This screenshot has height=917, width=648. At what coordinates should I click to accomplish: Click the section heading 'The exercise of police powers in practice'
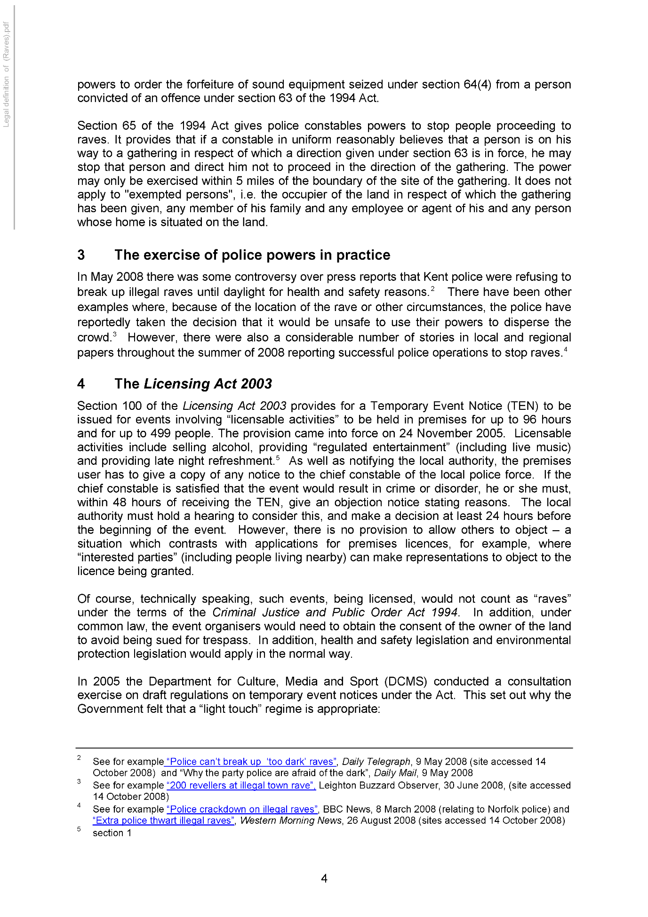pyautogui.click(x=252, y=255)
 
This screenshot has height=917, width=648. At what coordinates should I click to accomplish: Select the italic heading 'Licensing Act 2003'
pyautogui.click(x=208, y=384)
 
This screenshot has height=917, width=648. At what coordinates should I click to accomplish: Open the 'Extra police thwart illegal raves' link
pyautogui.click(x=163, y=821)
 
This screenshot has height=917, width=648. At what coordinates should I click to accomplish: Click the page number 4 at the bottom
pyautogui.click(x=324, y=878)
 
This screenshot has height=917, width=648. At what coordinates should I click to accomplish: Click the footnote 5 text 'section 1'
pyautogui.click(x=112, y=833)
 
